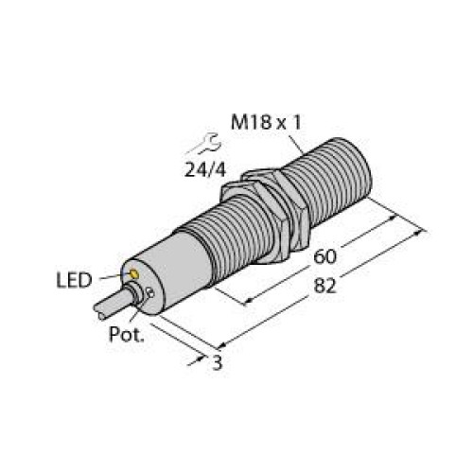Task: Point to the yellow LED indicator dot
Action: (x=135, y=275)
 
